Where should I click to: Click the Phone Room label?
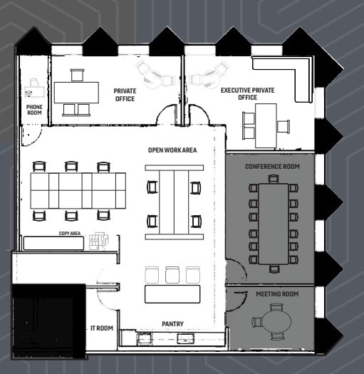click(34, 109)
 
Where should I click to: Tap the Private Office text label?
click(125, 95)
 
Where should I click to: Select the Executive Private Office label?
click(248, 94)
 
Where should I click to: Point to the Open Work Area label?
click(172, 150)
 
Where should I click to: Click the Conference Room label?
click(272, 167)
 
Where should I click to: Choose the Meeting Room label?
click(276, 294)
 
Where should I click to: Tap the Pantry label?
click(173, 323)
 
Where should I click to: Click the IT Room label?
click(101, 328)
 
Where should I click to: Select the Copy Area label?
click(69, 233)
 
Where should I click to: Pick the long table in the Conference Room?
click(271, 222)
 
